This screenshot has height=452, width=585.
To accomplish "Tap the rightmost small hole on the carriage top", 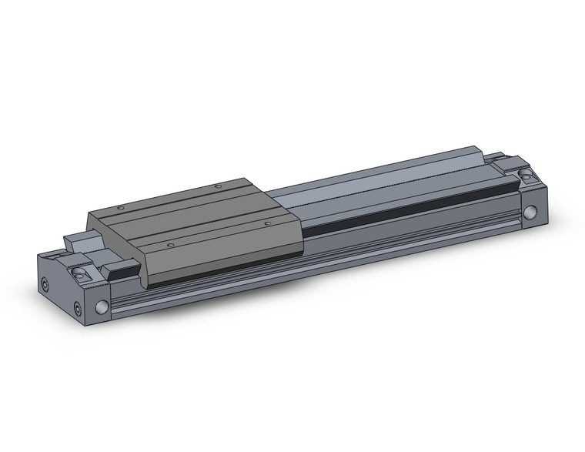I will (x=267, y=223).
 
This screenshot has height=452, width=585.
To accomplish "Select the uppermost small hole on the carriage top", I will (x=218, y=186).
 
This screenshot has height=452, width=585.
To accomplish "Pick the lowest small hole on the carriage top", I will (x=170, y=246).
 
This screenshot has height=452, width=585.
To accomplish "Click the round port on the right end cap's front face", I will (x=530, y=213).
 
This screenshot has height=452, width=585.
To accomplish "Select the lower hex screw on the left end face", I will (x=78, y=310).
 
